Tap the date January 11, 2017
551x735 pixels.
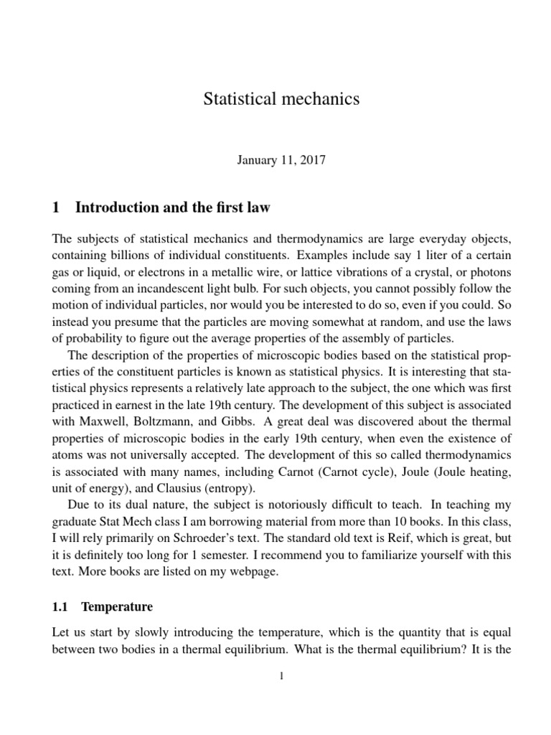pos(281,160)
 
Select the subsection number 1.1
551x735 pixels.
pos(60,607)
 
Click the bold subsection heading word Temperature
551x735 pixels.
pos(117,607)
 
